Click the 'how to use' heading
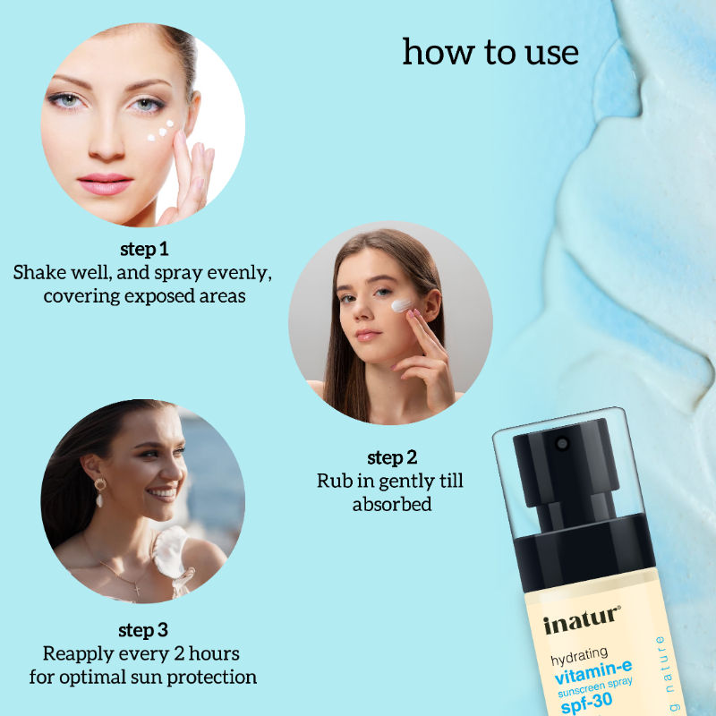click(x=490, y=53)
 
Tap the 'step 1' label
click(x=144, y=250)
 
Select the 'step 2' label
click(x=392, y=457)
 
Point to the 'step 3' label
click(x=143, y=631)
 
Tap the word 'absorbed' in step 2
click(x=392, y=504)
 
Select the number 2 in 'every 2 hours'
click(x=178, y=654)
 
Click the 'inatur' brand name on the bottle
click(x=581, y=619)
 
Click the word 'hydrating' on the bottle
click(x=579, y=656)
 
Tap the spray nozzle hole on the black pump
click(x=562, y=443)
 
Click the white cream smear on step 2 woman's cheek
click(x=401, y=305)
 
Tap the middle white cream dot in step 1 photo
click(x=162, y=132)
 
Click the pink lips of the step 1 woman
click(x=105, y=183)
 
